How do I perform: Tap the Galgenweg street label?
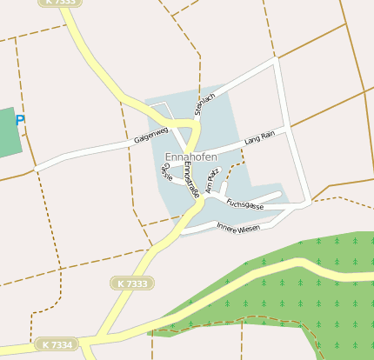(x=150, y=136)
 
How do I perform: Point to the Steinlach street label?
(x=204, y=103)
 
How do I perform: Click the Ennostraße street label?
(x=192, y=179)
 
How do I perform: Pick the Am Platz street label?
(x=214, y=179)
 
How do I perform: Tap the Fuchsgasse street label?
(x=244, y=204)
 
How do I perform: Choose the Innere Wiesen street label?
(x=238, y=228)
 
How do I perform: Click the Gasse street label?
(x=166, y=171)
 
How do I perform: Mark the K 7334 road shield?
(x=55, y=345)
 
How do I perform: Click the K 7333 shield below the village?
(x=132, y=283)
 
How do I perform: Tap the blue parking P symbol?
(x=20, y=121)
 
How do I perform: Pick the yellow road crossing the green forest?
(x=287, y=270)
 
